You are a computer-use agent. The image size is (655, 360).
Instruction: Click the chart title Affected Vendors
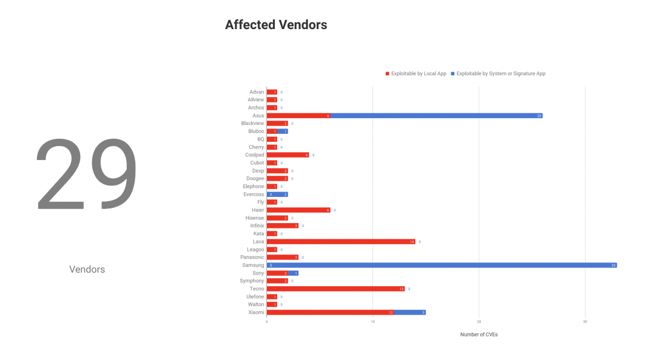(x=276, y=25)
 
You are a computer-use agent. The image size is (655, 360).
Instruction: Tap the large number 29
(x=87, y=176)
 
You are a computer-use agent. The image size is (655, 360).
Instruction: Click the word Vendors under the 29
(x=87, y=269)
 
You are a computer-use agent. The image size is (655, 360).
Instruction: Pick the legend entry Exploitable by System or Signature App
(x=500, y=74)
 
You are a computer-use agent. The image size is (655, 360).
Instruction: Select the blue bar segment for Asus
(x=437, y=116)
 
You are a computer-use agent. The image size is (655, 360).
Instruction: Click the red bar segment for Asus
(x=298, y=116)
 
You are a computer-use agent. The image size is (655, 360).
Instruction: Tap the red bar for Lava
(x=341, y=242)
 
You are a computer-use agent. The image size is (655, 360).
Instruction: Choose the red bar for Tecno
(x=335, y=289)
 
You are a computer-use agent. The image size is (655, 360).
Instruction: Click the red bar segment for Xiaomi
(x=330, y=313)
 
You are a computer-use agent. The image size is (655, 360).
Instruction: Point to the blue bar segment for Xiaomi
(x=410, y=313)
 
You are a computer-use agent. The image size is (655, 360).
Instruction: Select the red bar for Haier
(x=298, y=210)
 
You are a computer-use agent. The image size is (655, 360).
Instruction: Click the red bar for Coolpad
(x=287, y=155)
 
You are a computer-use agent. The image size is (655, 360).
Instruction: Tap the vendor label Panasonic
(x=252, y=258)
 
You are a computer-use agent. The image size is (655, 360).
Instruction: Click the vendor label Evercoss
(x=254, y=195)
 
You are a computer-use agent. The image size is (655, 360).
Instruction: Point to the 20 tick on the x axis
(x=479, y=322)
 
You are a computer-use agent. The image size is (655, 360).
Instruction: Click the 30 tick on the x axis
(x=585, y=322)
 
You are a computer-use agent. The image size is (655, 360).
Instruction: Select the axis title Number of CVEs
(x=479, y=335)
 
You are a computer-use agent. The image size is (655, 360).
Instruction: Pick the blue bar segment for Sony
(x=293, y=273)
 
